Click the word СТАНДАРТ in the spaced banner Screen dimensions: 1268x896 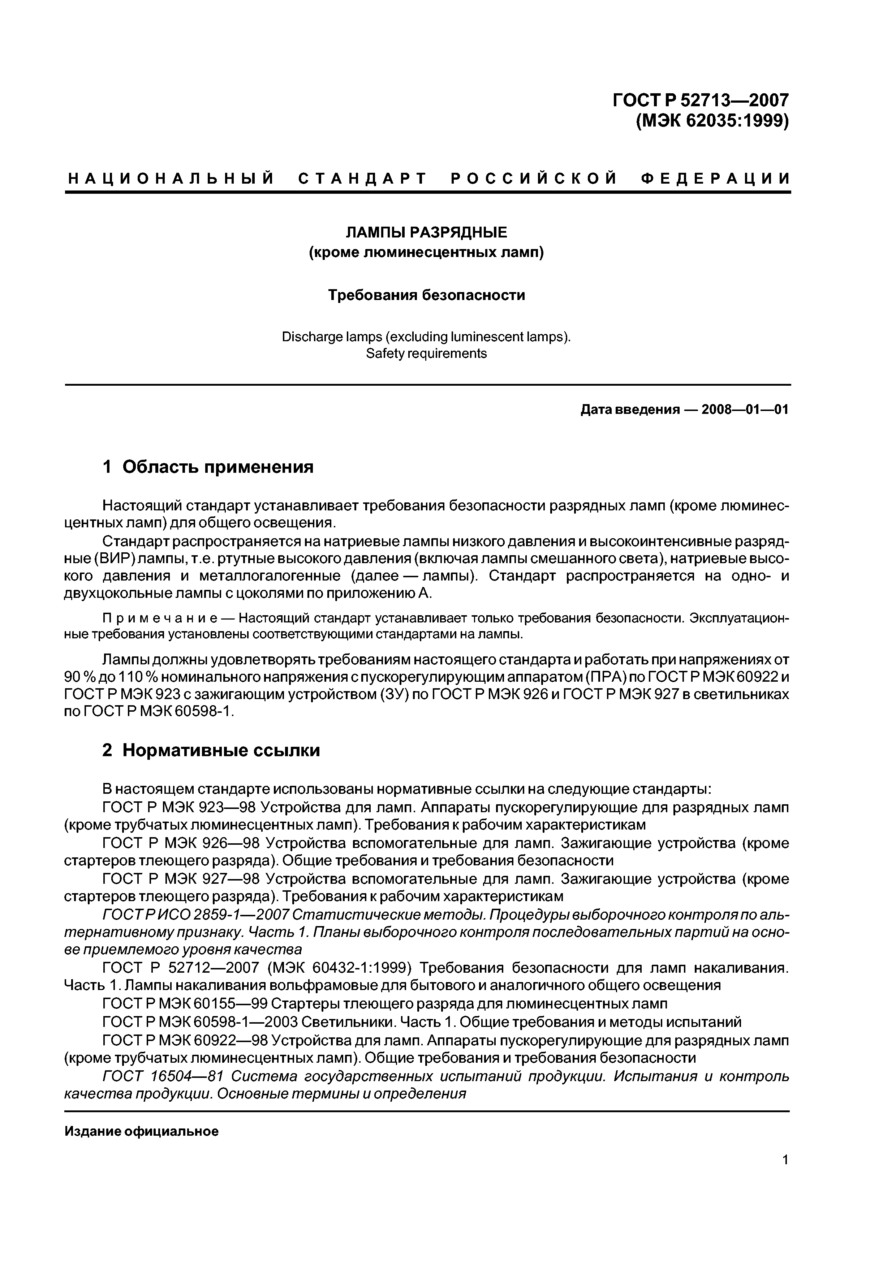[x=363, y=179]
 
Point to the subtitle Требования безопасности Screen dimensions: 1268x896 [x=426, y=295]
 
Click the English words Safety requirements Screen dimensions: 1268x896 [x=426, y=354]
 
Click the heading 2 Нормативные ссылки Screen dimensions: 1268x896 [x=211, y=750]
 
